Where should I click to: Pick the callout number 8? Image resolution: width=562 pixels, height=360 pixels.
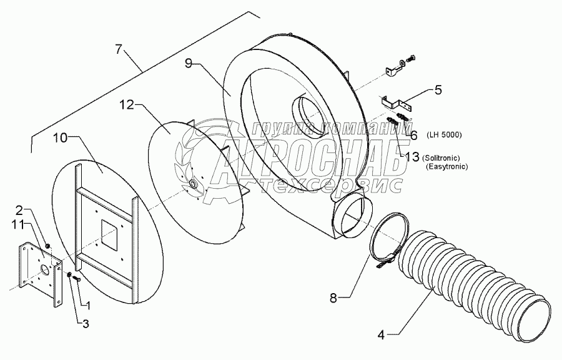334,297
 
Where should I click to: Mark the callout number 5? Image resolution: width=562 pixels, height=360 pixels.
438,90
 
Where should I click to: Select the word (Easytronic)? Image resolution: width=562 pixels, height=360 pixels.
446,167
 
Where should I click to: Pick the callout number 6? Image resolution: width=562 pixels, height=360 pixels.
413,134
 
